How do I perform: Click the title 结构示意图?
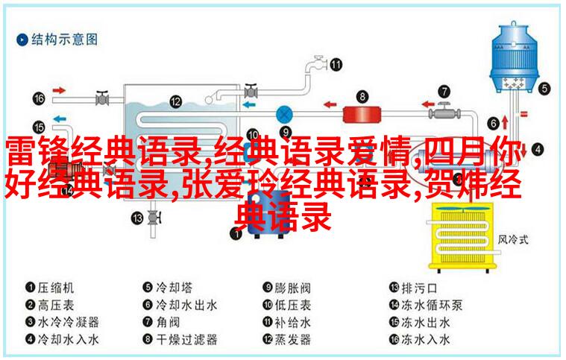pyautogui.click(x=64, y=40)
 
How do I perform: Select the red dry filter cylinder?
pyautogui.click(x=362, y=115)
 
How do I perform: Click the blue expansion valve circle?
pyautogui.click(x=284, y=115)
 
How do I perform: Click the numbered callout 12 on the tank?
pyautogui.click(x=175, y=101)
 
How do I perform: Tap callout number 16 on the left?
pyautogui.click(x=39, y=98)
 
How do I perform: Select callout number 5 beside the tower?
pyautogui.click(x=544, y=89)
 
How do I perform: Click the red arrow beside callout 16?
pyautogui.click(x=59, y=90)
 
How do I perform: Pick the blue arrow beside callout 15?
pyautogui.click(x=60, y=119)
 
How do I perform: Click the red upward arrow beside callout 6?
pyautogui.click(x=505, y=123)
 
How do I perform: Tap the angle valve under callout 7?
pyautogui.click(x=444, y=112)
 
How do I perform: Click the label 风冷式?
pyautogui.click(x=513, y=239)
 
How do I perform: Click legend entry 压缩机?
pyautogui.click(x=56, y=288)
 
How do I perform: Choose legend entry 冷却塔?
pyautogui.click(x=174, y=288)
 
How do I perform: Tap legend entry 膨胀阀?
pyautogui.click(x=293, y=288)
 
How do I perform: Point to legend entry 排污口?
pyautogui.click(x=419, y=288)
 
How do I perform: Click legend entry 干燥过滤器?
pyautogui.click(x=186, y=339)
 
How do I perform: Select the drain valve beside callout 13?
pyautogui.click(x=154, y=218)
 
